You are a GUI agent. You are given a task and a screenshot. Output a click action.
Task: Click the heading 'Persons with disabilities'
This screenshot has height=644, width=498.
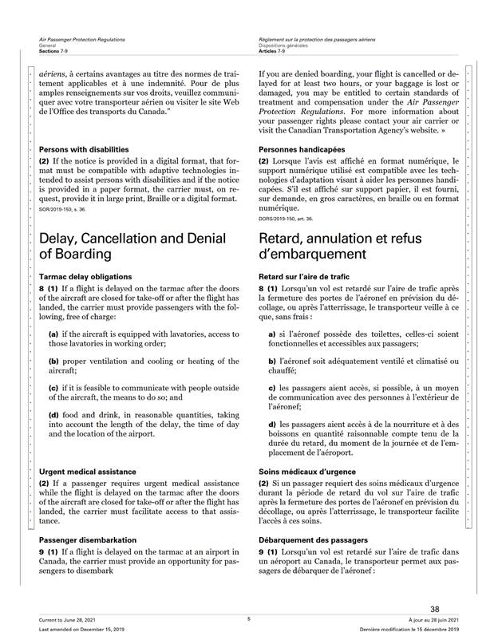coord(84,149)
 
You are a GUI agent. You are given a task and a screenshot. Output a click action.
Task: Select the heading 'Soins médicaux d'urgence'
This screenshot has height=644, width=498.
coord(306,472)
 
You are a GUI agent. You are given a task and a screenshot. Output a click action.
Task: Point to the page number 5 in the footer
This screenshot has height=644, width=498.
coord(248,619)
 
